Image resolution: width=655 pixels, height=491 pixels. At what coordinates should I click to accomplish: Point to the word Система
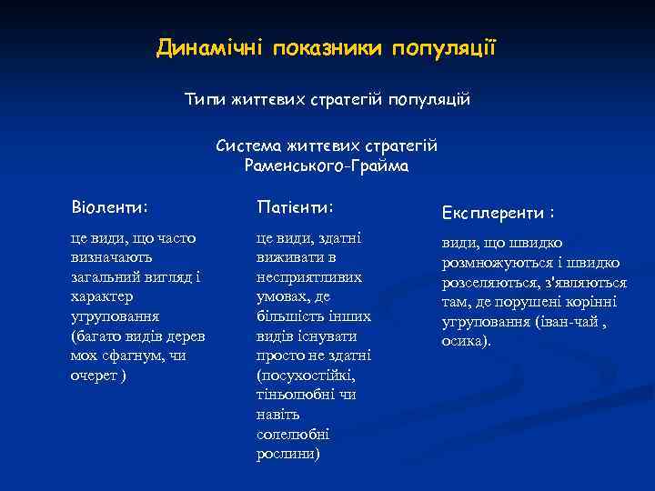click(x=248, y=145)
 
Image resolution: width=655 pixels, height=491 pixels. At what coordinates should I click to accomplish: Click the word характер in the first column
click(x=101, y=296)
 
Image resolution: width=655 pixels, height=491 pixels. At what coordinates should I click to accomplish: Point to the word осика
click(x=466, y=342)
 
